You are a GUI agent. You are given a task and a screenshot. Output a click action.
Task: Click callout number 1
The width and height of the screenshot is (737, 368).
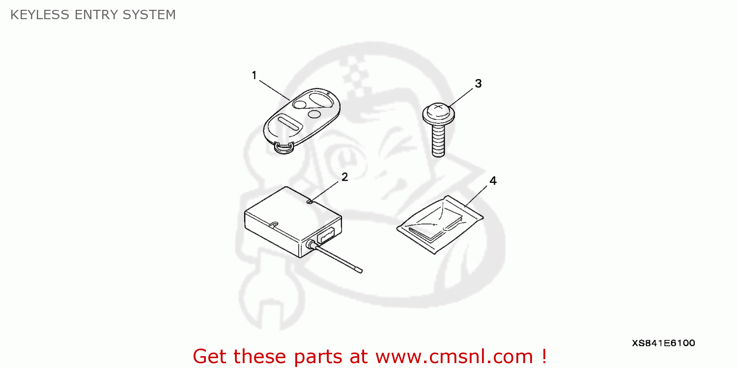(254, 76)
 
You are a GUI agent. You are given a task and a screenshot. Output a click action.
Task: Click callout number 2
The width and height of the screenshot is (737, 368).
(344, 177)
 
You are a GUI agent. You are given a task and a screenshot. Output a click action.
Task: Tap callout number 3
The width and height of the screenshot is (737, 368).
(478, 84)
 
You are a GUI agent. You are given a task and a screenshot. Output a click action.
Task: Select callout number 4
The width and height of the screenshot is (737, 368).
(492, 181)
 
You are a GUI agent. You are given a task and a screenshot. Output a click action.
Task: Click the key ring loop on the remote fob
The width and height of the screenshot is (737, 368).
(283, 147)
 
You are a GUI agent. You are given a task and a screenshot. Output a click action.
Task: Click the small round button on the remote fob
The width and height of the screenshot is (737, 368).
(314, 114)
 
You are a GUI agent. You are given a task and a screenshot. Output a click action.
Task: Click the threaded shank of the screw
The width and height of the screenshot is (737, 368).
(438, 140)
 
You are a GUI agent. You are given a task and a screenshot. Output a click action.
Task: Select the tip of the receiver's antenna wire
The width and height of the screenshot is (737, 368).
(359, 270)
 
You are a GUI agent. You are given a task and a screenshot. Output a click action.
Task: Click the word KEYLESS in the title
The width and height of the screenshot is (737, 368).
(40, 15)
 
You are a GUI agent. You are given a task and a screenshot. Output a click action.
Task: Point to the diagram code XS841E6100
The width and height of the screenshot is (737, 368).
(663, 343)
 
